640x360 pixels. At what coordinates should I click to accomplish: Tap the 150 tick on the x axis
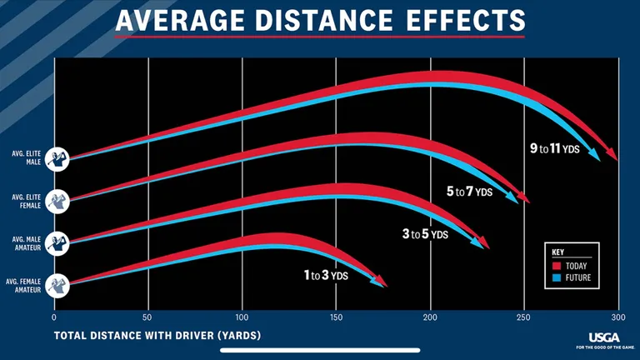(x=337, y=317)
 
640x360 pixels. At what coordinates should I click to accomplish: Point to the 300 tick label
(x=618, y=317)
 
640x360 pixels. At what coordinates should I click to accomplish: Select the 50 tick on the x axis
(x=148, y=317)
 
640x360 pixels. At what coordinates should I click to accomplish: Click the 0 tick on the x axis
(x=54, y=317)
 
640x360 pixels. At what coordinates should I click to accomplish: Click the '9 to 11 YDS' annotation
(x=556, y=148)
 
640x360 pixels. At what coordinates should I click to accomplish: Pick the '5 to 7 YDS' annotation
(x=469, y=192)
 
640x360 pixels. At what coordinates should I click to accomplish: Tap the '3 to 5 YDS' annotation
(x=425, y=234)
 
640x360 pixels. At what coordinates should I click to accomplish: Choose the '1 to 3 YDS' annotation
(x=325, y=275)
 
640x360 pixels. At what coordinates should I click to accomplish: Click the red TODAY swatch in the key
(x=558, y=266)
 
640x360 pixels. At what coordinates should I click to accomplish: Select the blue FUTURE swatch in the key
(x=558, y=277)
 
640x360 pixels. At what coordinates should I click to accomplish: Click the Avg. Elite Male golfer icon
(x=57, y=157)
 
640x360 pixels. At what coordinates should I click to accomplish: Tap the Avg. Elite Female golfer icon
(x=57, y=200)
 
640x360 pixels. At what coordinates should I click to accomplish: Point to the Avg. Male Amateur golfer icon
(x=57, y=242)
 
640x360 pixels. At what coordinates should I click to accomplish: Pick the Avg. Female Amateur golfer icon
(x=57, y=284)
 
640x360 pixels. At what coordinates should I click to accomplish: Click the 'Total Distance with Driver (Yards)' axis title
(x=157, y=336)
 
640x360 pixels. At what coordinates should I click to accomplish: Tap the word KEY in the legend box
(x=559, y=251)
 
